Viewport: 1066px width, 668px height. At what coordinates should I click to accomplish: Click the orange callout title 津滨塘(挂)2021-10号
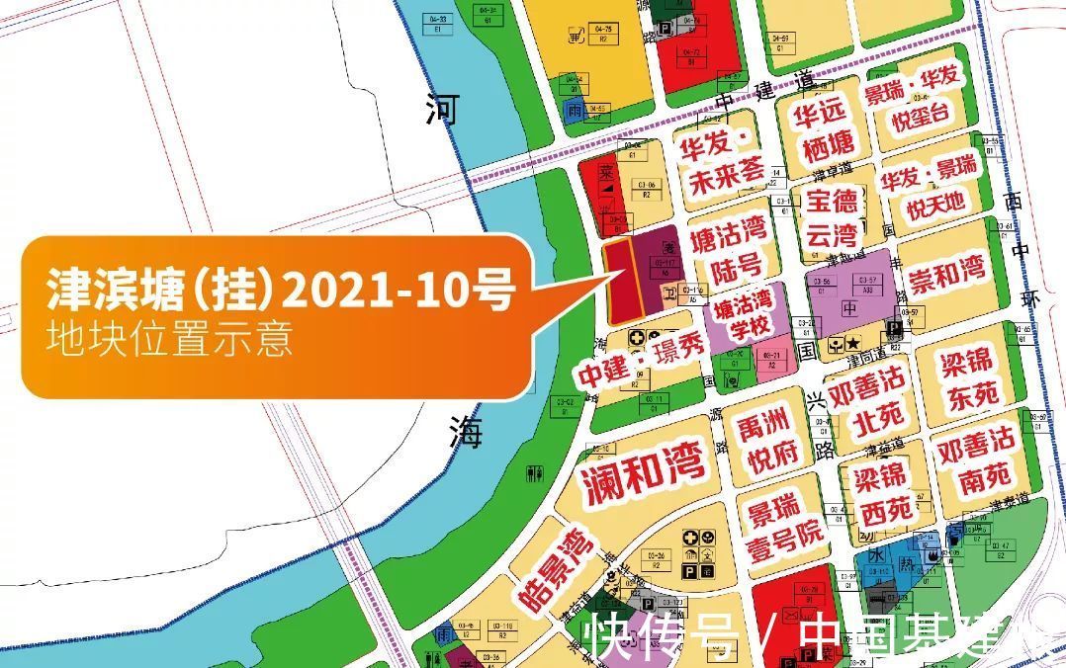(x=280, y=291)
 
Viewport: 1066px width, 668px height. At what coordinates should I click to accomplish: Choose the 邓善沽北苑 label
(x=866, y=403)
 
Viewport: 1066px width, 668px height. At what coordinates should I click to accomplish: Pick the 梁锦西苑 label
(x=882, y=493)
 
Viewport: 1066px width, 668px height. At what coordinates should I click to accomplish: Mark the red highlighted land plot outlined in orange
(x=621, y=282)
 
